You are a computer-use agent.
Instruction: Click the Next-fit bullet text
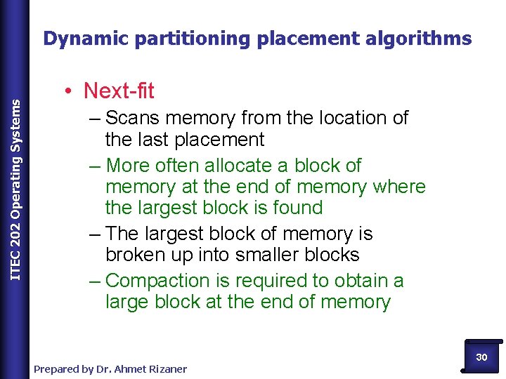pos(119,91)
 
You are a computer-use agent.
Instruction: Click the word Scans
pos(134,118)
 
